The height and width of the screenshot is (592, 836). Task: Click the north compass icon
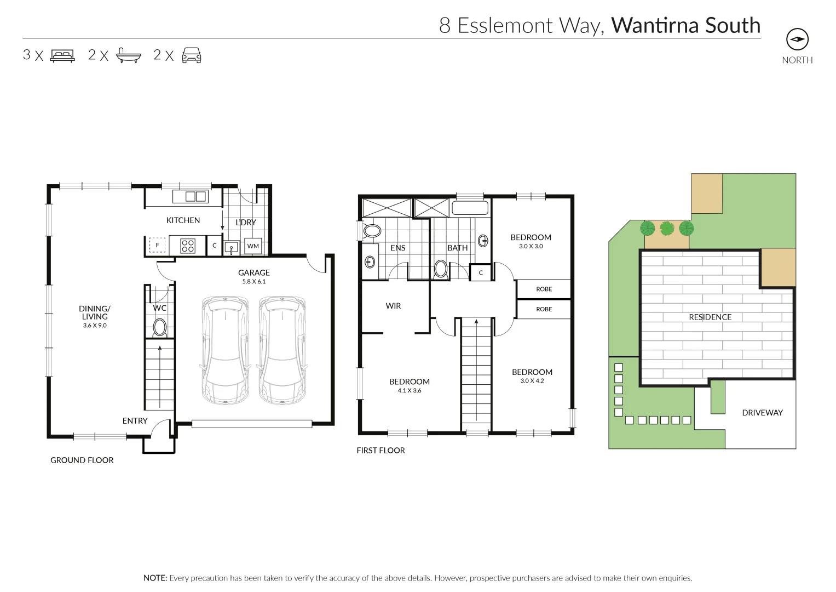(x=797, y=39)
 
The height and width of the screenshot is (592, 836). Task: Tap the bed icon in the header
(x=62, y=55)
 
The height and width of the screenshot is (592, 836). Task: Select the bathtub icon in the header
(x=129, y=55)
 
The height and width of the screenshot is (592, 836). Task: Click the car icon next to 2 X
(x=192, y=55)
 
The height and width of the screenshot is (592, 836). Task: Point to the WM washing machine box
(x=253, y=246)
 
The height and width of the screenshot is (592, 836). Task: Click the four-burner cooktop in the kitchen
(x=188, y=246)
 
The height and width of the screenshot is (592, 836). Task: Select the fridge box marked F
(x=158, y=245)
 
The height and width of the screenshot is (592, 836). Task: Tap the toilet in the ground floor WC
(x=160, y=328)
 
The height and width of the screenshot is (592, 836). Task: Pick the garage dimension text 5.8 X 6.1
(x=254, y=282)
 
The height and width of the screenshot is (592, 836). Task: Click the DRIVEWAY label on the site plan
(x=762, y=413)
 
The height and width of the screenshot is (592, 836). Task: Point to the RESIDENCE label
(x=710, y=317)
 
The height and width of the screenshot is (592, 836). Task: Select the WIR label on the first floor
(x=393, y=306)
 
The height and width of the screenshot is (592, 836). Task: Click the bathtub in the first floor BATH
(x=470, y=208)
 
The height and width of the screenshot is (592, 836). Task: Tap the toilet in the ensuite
(x=372, y=230)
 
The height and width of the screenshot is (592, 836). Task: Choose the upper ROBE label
(x=544, y=289)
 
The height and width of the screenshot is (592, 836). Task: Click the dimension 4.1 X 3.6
(x=410, y=391)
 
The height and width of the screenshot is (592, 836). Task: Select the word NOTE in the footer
(x=155, y=578)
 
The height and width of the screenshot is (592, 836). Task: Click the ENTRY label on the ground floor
(x=135, y=420)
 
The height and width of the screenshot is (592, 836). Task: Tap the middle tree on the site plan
(x=667, y=228)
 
